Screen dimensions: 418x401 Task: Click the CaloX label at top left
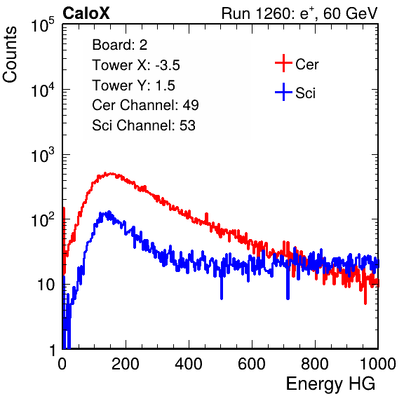[86, 13]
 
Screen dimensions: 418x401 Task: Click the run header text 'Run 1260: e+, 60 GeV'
[299, 13]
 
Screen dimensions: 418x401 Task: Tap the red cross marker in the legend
[283, 63]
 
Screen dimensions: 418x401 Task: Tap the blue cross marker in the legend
[283, 92]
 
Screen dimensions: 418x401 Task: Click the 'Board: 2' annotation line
[120, 45]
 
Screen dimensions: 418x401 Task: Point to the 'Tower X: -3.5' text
[136, 65]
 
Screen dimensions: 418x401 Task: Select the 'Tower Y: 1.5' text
[133, 86]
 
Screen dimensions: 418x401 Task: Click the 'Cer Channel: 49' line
[145, 105]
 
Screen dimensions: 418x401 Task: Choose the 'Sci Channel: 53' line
[144, 125]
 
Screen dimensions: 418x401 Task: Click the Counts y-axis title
[10, 55]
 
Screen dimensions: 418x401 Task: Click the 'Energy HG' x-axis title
[330, 384]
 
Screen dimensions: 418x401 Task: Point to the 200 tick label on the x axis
[126, 364]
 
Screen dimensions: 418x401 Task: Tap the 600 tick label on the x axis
[252, 364]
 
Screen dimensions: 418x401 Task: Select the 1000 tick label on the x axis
[378, 364]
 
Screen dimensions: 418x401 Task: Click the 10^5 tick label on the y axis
[43, 25]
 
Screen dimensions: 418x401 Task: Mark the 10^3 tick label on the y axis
[43, 155]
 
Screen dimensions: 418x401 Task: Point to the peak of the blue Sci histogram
[109, 212]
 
